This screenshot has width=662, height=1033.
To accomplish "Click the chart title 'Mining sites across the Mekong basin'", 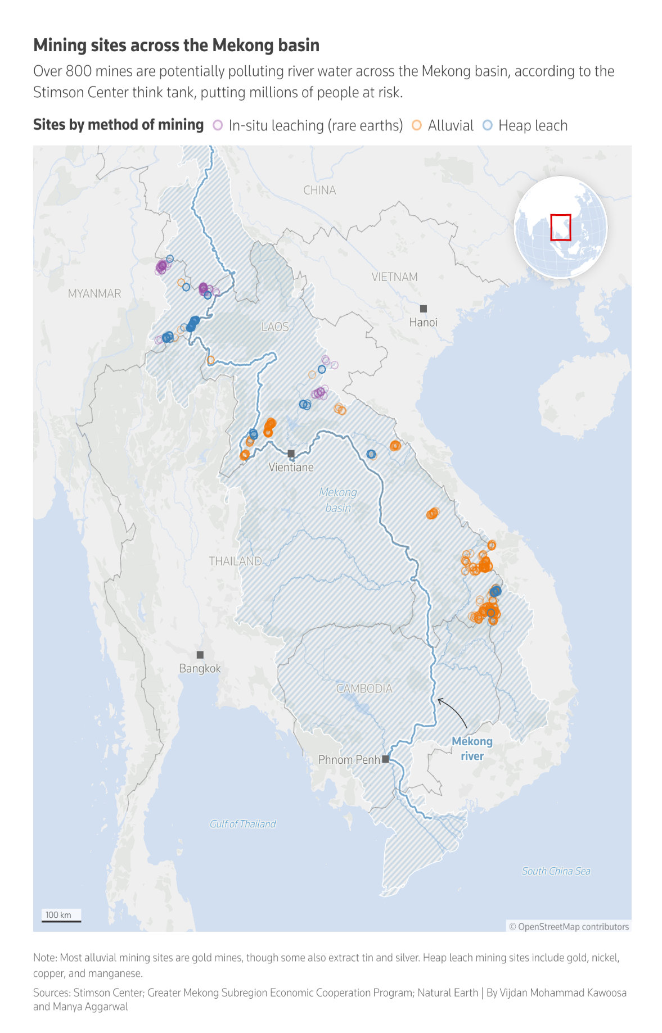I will point(176,45).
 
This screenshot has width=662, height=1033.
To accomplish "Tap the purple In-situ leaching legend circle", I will point(218,125).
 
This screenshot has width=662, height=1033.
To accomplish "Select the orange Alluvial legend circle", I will point(417,125).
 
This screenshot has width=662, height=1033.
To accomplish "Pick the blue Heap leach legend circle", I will point(487,125).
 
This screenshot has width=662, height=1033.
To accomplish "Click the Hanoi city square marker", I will point(424,309).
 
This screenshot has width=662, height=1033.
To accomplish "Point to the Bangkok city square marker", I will point(200,655).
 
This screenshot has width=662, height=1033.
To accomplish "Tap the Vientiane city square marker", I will point(291,453).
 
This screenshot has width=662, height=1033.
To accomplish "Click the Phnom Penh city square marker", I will point(385,759).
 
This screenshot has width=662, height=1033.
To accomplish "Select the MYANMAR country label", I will point(94,293).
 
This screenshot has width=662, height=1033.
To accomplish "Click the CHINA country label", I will point(319,190).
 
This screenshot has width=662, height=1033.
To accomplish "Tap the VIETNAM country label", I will point(394,277).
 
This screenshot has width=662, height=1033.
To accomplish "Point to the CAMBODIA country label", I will point(364,688).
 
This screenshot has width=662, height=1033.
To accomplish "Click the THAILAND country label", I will point(235,561).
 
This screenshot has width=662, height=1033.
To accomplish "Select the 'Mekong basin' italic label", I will point(338,500).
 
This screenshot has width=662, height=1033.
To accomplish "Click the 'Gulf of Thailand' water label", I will point(242,824).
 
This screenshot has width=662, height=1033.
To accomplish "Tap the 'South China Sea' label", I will point(556,871).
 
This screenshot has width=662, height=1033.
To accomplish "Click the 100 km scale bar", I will point(61,921).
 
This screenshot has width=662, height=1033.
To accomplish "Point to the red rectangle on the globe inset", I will point(560,227).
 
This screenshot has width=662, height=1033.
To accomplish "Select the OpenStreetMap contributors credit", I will point(569,926).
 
